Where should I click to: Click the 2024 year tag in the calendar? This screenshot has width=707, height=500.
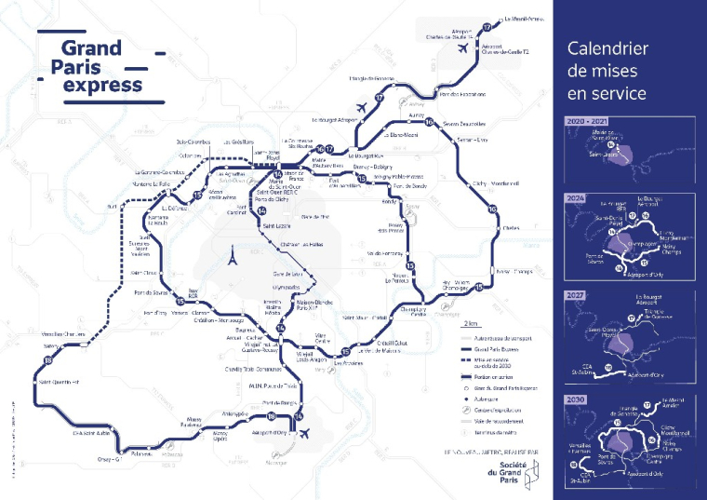[578, 197]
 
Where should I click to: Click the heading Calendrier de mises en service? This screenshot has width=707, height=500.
[607, 71]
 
